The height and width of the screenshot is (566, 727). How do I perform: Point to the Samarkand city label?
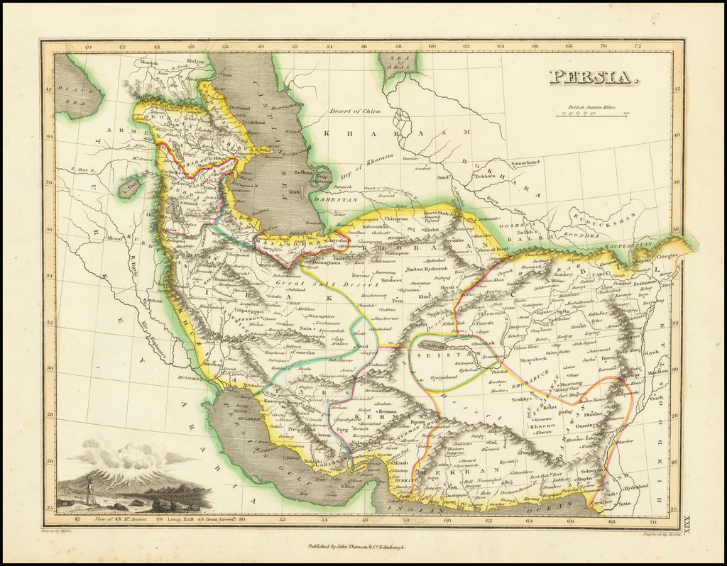(524, 162)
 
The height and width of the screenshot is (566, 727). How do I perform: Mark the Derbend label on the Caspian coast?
(240, 108)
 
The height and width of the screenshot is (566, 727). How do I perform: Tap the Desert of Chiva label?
(354, 111)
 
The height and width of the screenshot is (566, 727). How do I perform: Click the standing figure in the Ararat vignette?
(90, 492)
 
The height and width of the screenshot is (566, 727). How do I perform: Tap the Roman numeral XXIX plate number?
(685, 524)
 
